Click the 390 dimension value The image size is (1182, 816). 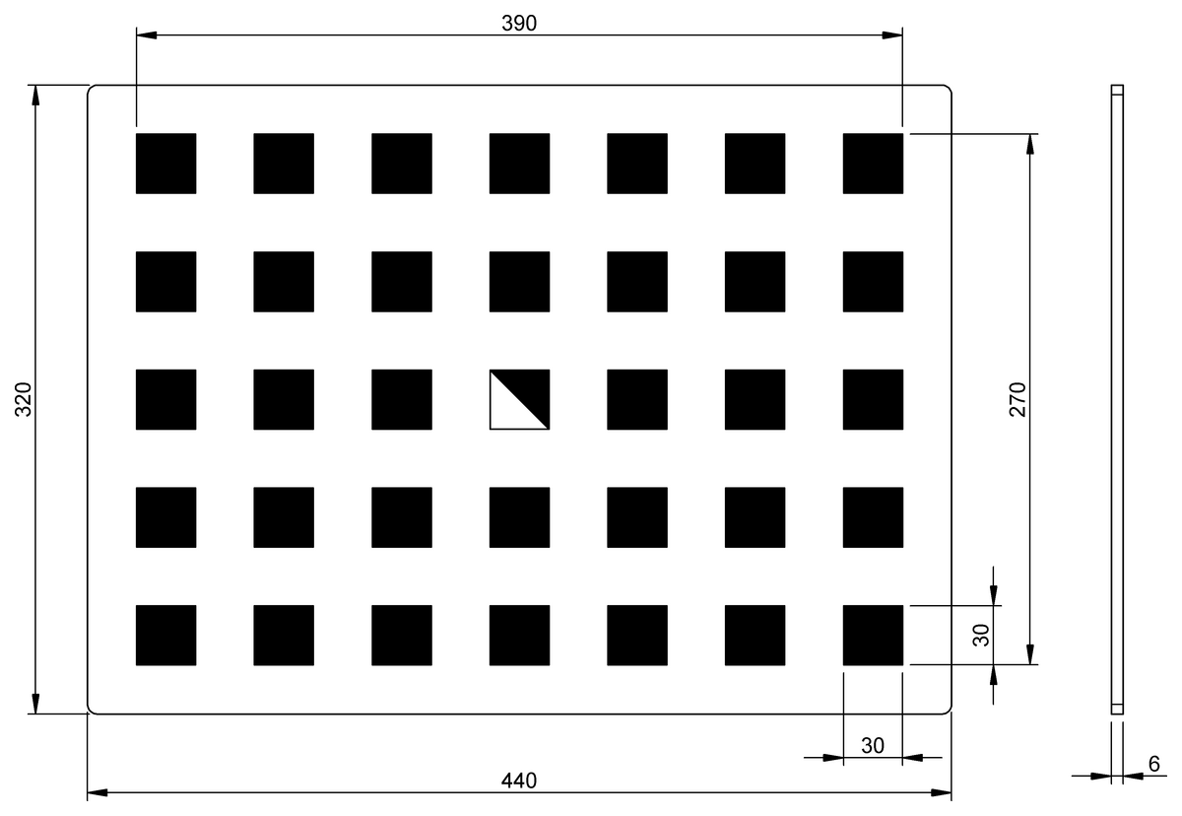tap(519, 24)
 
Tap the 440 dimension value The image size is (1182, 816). tap(519, 781)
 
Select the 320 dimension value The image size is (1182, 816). tap(24, 399)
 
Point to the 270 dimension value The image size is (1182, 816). tap(1018, 399)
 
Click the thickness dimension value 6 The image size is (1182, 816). tap(1154, 764)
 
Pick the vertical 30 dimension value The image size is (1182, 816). tap(981, 635)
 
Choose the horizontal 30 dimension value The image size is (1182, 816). tap(873, 746)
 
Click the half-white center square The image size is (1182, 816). tap(519, 399)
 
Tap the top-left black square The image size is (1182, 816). tap(165, 164)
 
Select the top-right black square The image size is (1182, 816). tap(873, 164)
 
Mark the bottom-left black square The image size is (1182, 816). tap(165, 635)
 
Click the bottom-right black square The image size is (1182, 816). tap(873, 635)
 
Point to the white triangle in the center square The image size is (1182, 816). tap(510, 410)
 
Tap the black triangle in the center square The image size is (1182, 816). tap(530, 389)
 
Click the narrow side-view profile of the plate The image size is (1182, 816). tap(1117, 399)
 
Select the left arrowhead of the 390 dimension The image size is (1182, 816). tap(147, 35)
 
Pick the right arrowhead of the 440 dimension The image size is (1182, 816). tap(941, 792)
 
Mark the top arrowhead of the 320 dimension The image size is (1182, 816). tap(35, 95)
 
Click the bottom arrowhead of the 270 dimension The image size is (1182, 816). tap(1030, 654)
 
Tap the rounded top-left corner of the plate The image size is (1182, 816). tap(90, 88)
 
